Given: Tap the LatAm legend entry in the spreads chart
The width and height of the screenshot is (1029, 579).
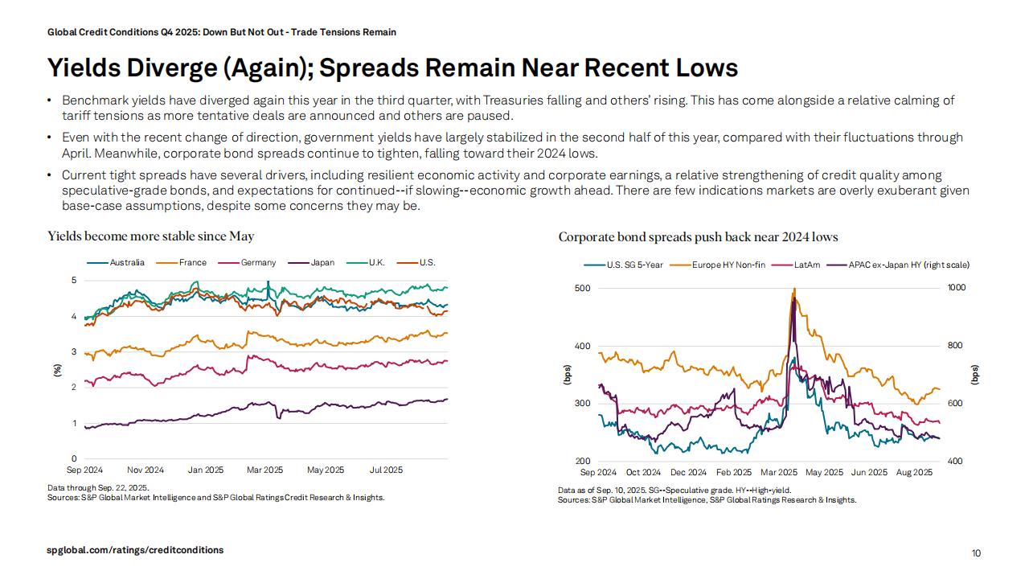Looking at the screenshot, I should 806,265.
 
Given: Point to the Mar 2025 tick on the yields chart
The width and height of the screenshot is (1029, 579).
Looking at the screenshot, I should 265,470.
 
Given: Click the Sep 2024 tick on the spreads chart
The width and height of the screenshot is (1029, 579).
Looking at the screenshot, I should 598,472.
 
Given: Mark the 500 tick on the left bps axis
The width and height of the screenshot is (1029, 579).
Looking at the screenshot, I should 582,288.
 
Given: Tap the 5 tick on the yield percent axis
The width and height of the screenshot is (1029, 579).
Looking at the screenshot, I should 74,281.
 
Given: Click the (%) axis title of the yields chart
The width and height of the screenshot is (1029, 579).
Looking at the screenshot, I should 57,370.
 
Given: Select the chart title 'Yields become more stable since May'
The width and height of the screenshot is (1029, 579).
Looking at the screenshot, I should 151,236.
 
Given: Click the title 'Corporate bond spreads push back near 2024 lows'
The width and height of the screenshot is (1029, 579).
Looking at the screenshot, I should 698,236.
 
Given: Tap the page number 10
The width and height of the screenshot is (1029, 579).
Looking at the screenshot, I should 976,553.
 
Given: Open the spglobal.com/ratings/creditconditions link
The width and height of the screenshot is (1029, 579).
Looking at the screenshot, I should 135,550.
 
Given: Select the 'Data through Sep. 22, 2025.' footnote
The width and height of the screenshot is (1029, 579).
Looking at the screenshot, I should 98,487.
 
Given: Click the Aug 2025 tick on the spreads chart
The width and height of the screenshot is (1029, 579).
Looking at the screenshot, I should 915,472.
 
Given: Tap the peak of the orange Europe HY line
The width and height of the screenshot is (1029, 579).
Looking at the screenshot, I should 794,289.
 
